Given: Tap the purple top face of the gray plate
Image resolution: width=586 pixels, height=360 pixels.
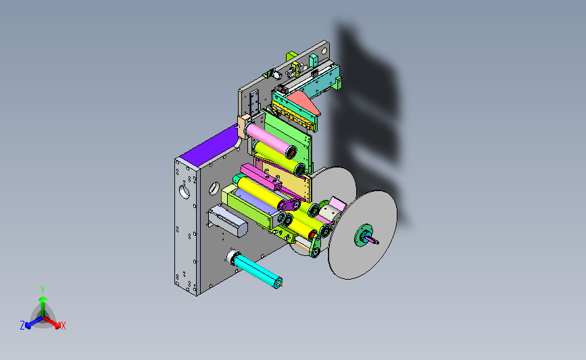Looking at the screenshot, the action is point(211,145).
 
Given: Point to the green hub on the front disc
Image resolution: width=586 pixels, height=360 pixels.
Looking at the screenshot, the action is point(363,235).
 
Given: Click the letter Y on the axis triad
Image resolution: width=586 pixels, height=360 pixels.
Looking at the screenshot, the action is point(43,290).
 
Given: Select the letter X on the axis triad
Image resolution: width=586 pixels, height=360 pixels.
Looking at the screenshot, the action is point(63,326).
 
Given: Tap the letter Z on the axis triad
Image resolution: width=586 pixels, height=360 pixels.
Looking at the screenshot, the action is point(22,326).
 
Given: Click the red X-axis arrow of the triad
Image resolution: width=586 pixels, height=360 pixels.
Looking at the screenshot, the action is point(51,322).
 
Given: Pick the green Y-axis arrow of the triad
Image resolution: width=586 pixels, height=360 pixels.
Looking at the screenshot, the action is point(43,307).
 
